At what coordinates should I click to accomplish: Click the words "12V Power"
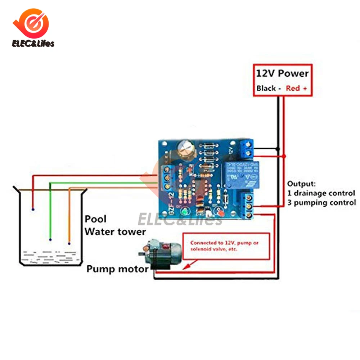pos(282,73)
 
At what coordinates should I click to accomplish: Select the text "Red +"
pos(297,88)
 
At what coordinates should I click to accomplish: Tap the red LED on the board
pos(218,213)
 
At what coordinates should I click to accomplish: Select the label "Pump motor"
pos(117,269)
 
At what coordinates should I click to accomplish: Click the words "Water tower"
pos(115,231)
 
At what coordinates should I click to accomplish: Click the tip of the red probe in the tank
pos(33,209)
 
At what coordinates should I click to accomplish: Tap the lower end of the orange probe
pos(69,243)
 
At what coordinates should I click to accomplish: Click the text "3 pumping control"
pos(321,203)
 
